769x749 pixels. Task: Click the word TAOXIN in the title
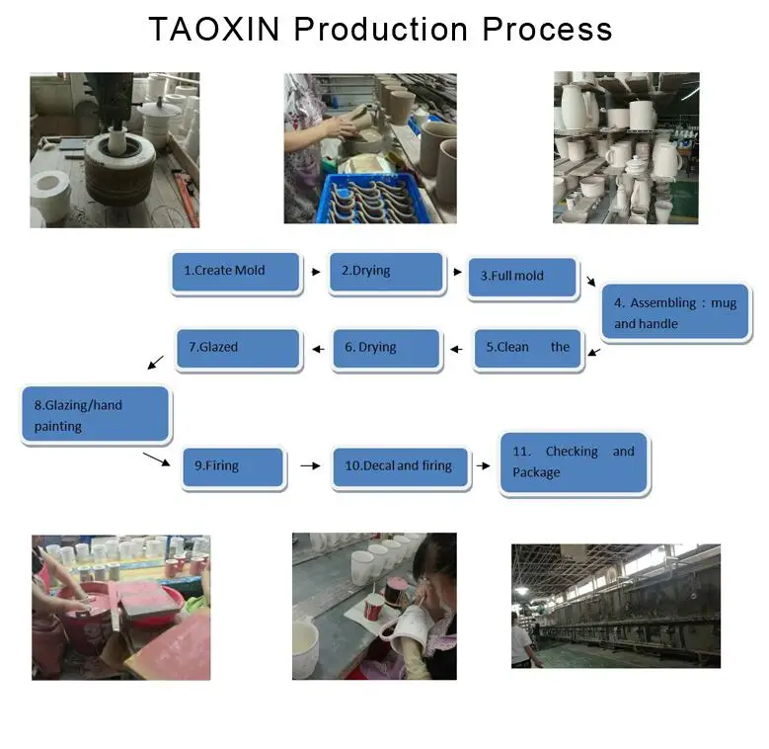(215, 29)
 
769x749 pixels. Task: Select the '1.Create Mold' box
(235, 271)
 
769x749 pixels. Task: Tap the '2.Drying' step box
(386, 271)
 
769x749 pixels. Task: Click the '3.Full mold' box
(521, 277)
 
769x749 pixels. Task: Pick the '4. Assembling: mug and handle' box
(676, 313)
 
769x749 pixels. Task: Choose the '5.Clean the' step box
(528, 348)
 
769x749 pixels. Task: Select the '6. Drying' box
(386, 348)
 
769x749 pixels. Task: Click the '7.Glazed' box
(238, 348)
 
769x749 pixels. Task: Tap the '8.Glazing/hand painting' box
(96, 415)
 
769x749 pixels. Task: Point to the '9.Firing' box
(234, 466)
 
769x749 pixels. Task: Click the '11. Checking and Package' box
(574, 462)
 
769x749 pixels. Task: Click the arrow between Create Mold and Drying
(316, 271)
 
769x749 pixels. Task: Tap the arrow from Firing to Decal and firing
(310, 465)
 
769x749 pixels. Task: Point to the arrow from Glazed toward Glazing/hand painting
(156, 363)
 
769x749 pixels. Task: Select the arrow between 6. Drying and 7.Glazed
(317, 348)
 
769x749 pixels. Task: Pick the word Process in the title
(547, 29)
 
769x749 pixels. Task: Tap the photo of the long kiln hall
(615, 606)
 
